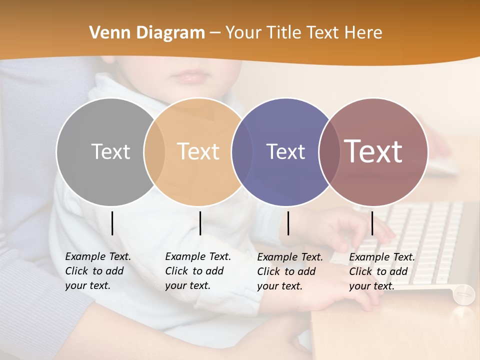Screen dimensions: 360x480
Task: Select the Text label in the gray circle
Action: point(110,151)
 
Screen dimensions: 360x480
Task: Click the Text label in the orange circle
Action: point(198,151)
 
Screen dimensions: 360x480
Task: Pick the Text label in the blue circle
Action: point(285,151)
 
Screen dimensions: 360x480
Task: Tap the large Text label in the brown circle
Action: point(373,151)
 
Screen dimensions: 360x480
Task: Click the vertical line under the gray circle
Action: point(112,223)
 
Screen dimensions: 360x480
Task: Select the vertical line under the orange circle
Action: point(200,223)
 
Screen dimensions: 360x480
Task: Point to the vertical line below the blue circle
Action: point(288,223)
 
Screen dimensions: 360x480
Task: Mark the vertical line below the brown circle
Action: point(372,223)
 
